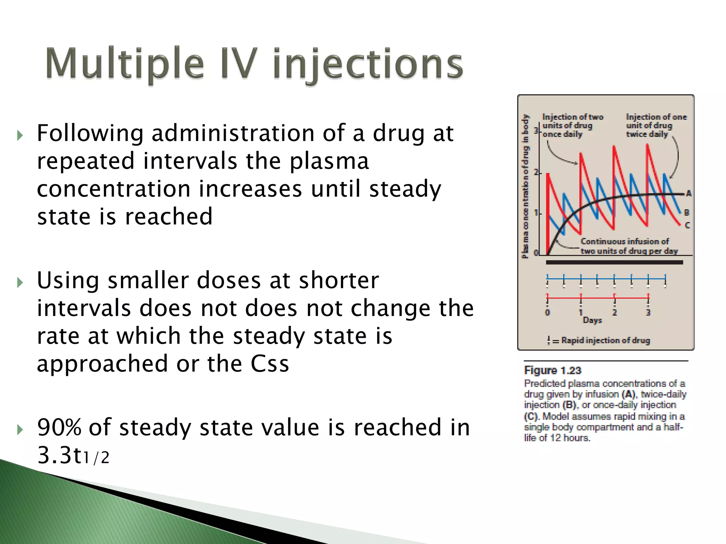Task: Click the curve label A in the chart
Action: [x=688, y=193]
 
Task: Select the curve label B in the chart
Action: [x=687, y=212]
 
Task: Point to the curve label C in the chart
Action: [x=687, y=225]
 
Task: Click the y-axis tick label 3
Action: [x=536, y=131]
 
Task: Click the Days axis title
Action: [x=592, y=320]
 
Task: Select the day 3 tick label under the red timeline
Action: [x=648, y=312]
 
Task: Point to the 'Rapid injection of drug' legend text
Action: [x=605, y=340]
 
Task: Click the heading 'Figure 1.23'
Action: [x=553, y=370]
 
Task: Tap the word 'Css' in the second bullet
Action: [x=269, y=364]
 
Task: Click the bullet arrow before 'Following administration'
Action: [x=20, y=135]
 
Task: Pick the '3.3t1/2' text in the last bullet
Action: [x=73, y=455]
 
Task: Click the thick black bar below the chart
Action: [x=614, y=262]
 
